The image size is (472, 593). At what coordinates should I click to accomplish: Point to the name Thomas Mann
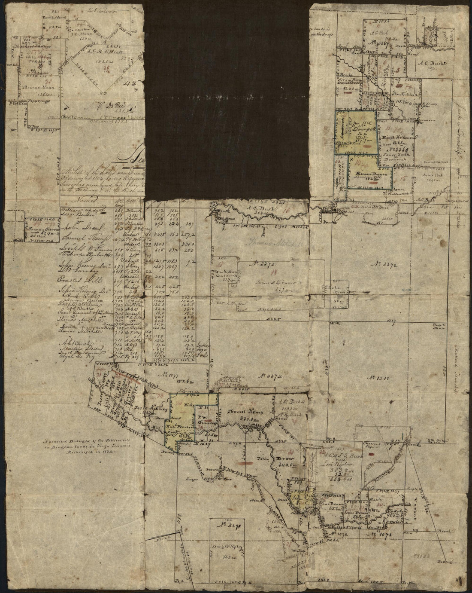31,87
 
